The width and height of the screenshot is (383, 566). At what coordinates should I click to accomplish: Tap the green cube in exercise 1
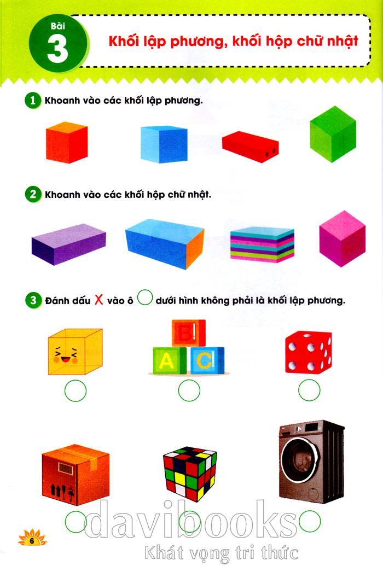[333, 134]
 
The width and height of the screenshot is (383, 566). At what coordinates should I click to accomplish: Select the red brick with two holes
[250, 147]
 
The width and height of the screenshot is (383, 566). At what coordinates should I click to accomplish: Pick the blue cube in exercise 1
[164, 144]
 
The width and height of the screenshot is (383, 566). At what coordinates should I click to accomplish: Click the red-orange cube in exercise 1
[67, 143]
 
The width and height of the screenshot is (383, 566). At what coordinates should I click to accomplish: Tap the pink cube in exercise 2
[342, 238]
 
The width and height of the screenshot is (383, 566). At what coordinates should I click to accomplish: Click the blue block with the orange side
[165, 244]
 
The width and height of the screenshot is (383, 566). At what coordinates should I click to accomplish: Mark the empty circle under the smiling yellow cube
[76, 390]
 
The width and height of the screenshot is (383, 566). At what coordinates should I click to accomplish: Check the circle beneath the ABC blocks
[189, 390]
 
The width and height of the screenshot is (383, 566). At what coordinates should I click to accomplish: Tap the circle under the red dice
[309, 390]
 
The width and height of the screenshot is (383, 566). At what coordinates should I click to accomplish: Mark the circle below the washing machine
[310, 521]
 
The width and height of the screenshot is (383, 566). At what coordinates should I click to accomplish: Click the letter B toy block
[189, 333]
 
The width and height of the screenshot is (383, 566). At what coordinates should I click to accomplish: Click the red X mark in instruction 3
[98, 299]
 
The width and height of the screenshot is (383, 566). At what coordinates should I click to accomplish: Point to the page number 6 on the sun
[32, 541]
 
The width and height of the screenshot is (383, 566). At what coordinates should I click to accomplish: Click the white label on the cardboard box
[66, 469]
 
